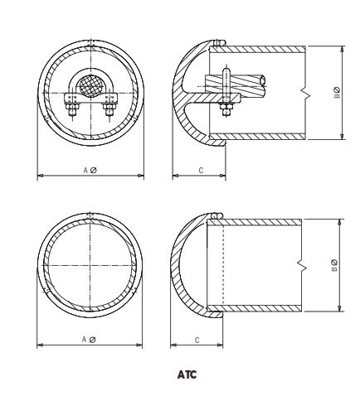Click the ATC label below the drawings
coord(187,374)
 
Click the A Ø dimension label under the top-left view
coord(90,170)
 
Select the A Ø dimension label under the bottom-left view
coord(90,339)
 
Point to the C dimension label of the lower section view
coord(196,339)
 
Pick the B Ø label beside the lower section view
coord(333,266)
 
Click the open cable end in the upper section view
coord(262,80)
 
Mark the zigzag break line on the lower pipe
coord(301,266)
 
